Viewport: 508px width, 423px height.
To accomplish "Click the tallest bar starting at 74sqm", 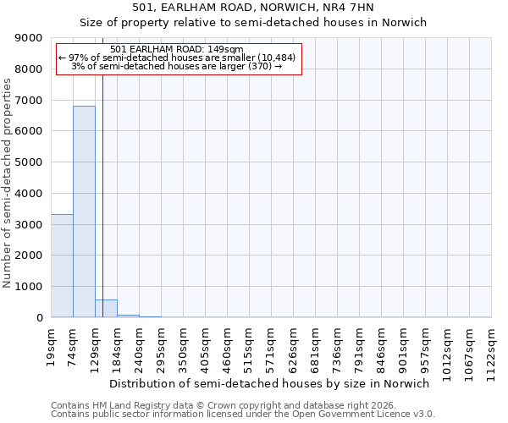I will click(84, 211).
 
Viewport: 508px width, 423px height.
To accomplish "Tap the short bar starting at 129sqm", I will click(106, 309).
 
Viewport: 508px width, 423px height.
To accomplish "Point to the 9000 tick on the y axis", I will click(30, 38).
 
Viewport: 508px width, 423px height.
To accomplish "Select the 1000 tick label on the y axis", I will click(30, 287).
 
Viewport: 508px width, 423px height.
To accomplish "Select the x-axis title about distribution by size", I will click(271, 383).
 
